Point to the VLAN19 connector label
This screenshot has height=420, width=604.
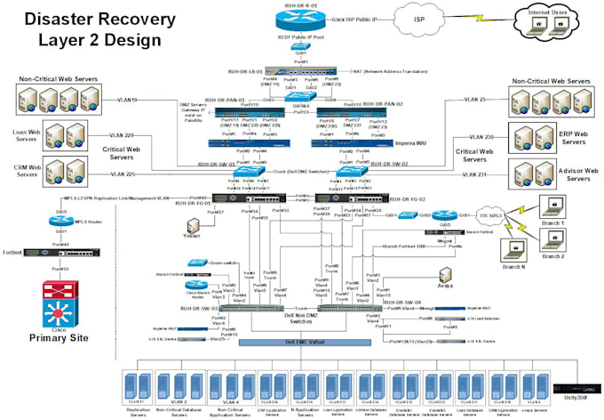coord(131,100)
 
